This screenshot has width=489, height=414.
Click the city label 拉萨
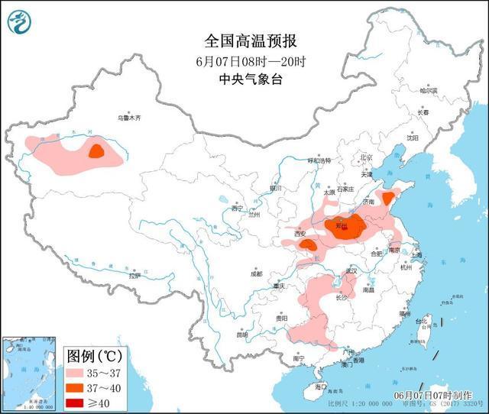pyautogui.click(x=134, y=276)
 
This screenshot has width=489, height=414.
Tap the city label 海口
pyautogui.click(x=321, y=387)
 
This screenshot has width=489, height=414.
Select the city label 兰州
pyautogui.click(x=254, y=215)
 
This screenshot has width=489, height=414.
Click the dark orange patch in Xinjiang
pyautogui.click(x=96, y=150)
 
